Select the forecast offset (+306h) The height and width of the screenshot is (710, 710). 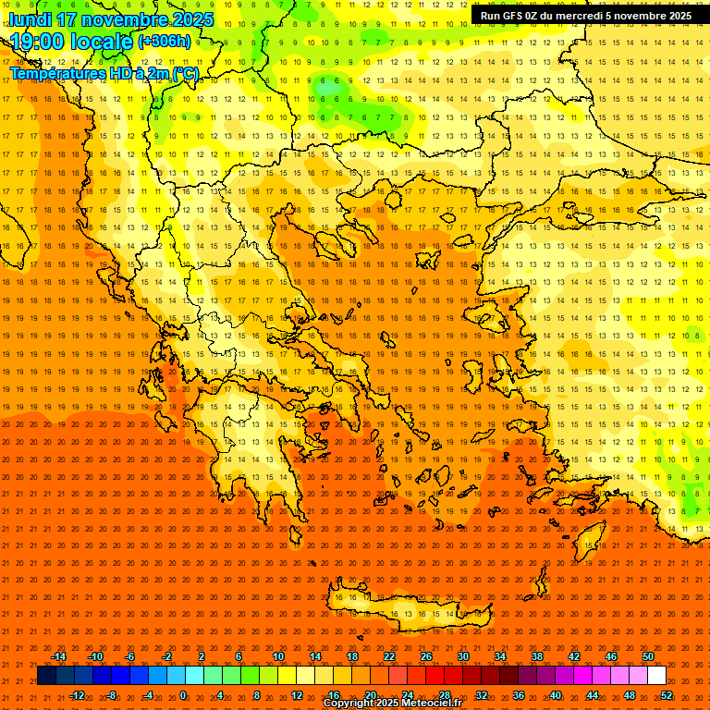[165, 42]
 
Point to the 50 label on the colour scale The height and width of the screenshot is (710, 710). [647, 656]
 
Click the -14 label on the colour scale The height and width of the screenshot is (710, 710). [58, 656]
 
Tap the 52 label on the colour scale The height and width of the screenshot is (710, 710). [667, 695]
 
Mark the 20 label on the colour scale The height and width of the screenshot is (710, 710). [370, 695]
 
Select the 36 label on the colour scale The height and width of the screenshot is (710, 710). [519, 695]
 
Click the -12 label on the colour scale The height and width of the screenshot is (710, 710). [77, 695]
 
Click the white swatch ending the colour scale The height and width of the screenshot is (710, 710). [656, 676]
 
